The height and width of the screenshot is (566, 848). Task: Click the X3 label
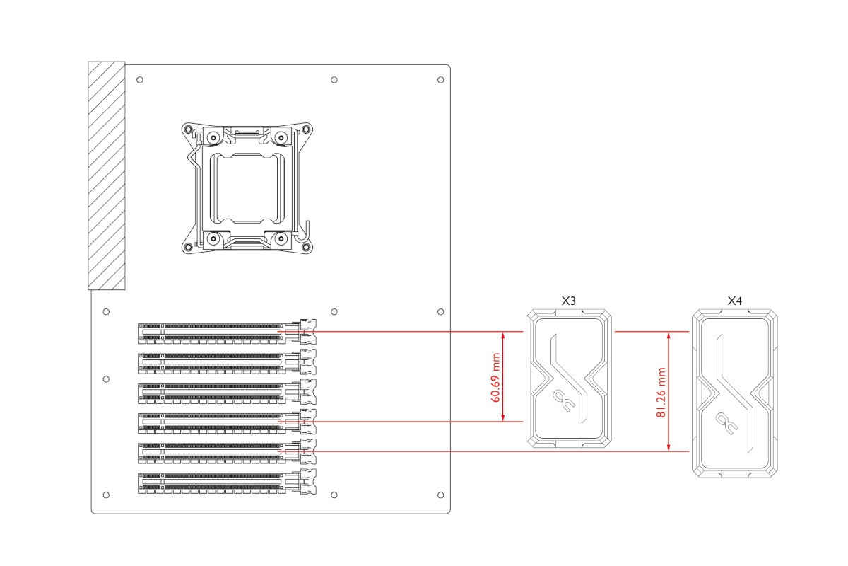tap(568, 301)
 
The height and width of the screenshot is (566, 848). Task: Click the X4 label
tap(735, 301)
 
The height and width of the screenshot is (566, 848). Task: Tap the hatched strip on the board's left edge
tap(106, 175)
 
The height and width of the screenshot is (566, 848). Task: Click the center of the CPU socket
tap(246, 187)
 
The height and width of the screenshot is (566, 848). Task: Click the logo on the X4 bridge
tap(724, 424)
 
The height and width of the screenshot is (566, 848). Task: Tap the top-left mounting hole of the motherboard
tap(139, 79)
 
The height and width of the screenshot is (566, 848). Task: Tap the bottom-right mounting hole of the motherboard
tap(440, 493)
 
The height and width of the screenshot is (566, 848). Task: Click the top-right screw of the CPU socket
tap(281, 137)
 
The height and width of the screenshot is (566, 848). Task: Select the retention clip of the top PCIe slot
tap(308, 330)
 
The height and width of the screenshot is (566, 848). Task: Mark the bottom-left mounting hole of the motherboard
tap(106, 493)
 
